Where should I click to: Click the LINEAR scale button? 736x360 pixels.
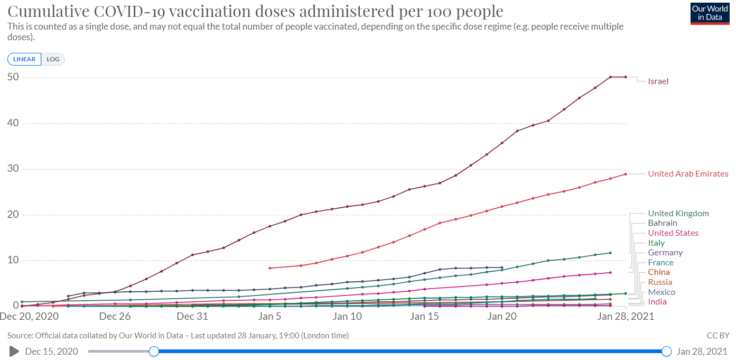coord(24,59)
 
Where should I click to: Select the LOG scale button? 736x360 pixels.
coord(53,59)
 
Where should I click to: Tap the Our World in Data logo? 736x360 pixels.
coord(710,13)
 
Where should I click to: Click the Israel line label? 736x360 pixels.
coord(658,81)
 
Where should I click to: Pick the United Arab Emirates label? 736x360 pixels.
coord(688,174)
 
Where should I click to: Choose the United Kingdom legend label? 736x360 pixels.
coord(678,214)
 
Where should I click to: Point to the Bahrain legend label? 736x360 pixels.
coord(663,223)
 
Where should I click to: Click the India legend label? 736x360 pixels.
coord(657,302)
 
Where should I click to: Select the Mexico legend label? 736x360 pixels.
coord(662,292)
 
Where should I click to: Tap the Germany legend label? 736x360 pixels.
coord(665,253)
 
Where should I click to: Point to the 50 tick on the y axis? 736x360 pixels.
coord(13,77)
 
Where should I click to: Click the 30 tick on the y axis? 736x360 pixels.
coord(13,169)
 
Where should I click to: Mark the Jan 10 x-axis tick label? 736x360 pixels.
coord(348,317)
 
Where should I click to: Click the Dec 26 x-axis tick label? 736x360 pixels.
coord(115,317)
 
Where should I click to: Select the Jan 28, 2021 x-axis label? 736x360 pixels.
coord(626,317)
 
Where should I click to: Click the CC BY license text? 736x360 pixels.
coord(718,336)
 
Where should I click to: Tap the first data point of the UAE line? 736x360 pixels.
coord(270,268)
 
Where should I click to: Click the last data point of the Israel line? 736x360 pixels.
coord(626,77)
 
